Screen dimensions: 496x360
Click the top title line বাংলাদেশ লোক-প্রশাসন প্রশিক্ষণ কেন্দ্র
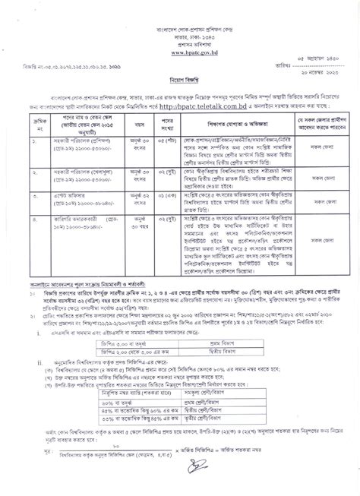pyautogui.click(x=180, y=27)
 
